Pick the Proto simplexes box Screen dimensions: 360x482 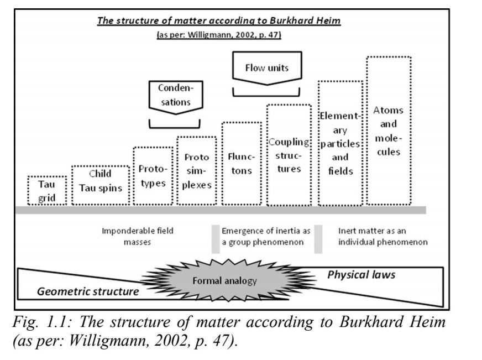pyautogui.click(x=197, y=171)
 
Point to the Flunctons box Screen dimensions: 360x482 pyautogui.click(x=242, y=164)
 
